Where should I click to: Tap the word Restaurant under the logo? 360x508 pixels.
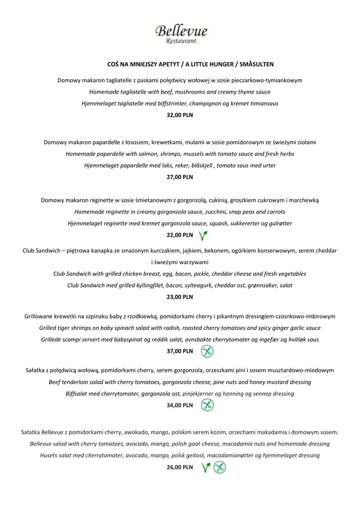click(x=181, y=41)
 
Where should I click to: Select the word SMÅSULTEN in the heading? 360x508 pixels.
click(x=257, y=64)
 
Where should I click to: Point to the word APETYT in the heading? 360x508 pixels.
click(x=164, y=64)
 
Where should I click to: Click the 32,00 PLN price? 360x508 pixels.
click(x=180, y=115)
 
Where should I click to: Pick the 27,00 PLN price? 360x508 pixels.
click(x=180, y=177)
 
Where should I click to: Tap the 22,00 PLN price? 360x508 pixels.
click(x=180, y=235)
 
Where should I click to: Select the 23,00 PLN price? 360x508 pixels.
click(x=180, y=297)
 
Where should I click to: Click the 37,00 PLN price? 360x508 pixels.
click(x=180, y=351)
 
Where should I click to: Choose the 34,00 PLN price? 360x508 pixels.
click(x=180, y=405)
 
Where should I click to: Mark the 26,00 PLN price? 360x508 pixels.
click(x=180, y=467)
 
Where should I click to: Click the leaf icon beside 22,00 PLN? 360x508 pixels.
click(x=203, y=235)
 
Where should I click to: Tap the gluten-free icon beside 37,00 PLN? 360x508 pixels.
click(x=207, y=351)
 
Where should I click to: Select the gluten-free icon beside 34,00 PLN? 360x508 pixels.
click(x=207, y=405)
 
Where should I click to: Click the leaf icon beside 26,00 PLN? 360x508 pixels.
click(x=206, y=467)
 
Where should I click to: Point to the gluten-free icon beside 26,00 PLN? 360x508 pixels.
click(x=219, y=467)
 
